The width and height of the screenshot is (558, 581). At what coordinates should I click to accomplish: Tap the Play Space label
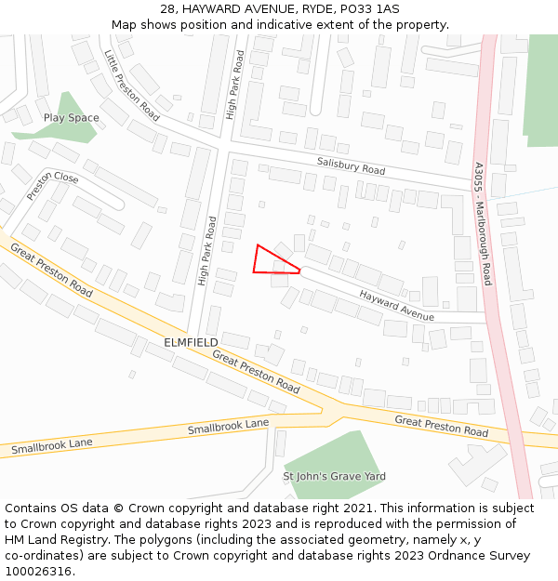[x=71, y=118]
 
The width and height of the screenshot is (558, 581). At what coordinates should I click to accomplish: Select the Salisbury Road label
[x=351, y=165]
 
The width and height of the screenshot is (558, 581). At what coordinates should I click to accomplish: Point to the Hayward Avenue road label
[x=397, y=305]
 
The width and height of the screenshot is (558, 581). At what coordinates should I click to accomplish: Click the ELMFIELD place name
[x=191, y=342]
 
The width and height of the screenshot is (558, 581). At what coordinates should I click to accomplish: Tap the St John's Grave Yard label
[x=334, y=476]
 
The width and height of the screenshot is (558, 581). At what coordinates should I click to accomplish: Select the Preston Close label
[x=53, y=185]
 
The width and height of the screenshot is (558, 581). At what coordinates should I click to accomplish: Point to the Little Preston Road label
[x=131, y=86]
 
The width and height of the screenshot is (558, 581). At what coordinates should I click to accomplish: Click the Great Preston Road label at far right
[x=441, y=427]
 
